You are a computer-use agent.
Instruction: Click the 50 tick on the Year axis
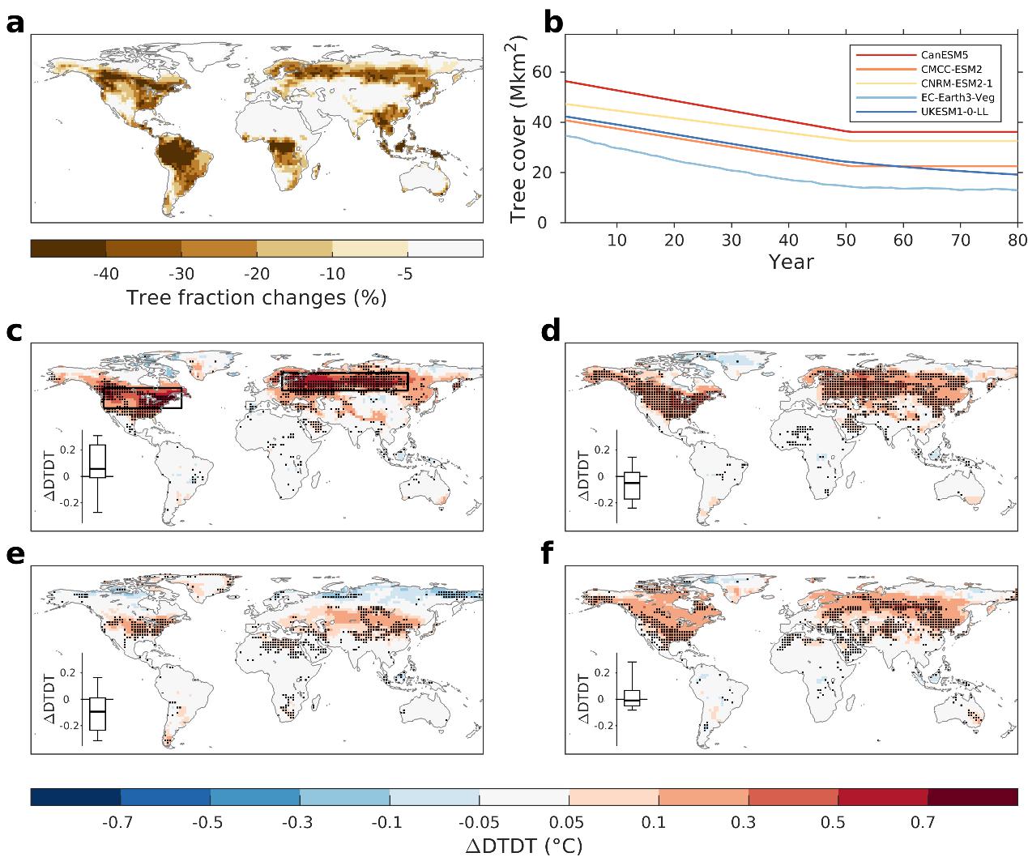click(846, 240)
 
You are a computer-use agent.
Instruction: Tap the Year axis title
click(791, 262)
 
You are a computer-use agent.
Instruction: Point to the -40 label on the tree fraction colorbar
click(106, 274)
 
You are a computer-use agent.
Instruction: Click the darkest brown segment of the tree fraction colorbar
click(68, 248)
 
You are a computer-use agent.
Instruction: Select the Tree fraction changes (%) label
click(256, 298)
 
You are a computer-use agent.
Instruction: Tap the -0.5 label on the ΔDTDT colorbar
click(209, 823)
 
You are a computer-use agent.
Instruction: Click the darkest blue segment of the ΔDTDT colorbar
click(75, 797)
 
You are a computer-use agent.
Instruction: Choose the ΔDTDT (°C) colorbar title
click(523, 846)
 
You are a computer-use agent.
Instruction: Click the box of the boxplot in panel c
click(97, 460)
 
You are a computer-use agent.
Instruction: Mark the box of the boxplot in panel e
click(97, 714)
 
